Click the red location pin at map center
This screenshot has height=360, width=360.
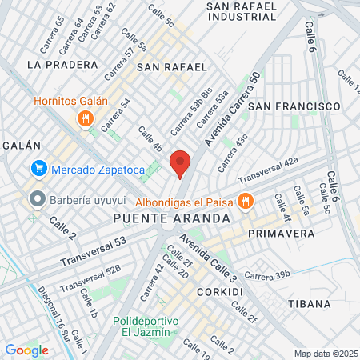point(180,163)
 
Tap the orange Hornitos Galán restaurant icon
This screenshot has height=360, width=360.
point(83,119)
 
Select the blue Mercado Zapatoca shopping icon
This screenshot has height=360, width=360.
point(38,169)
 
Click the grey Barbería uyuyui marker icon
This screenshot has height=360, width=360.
point(35,198)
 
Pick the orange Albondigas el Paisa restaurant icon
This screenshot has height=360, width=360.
point(246,202)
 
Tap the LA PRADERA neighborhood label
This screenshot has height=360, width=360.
point(56,63)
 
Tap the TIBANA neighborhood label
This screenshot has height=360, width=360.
point(308,303)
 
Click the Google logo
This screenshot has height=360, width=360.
point(26,350)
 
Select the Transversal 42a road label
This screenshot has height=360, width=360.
point(268,170)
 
